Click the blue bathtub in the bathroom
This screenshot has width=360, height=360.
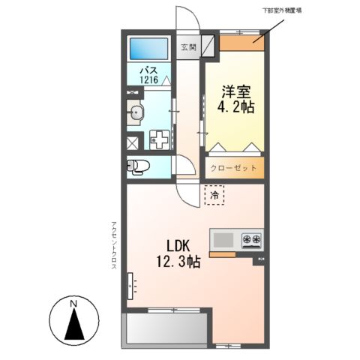[148, 49]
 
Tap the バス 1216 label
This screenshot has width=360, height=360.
[149, 74]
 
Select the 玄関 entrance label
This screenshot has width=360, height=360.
[188, 47]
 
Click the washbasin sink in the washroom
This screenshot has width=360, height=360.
[136, 112]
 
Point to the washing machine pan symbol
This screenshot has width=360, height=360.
[160, 139]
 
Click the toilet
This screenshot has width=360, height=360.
[138, 166]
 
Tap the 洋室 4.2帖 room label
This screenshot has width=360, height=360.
[235, 100]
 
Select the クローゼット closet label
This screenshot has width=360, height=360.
[233, 168]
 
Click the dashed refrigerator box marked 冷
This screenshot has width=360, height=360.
[214, 195]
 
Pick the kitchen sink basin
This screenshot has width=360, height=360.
[223, 240]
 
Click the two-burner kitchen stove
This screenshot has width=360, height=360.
[251, 240]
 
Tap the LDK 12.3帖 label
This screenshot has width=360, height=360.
[178, 254]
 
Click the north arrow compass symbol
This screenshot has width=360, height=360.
[74, 320]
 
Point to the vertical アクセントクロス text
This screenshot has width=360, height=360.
[114, 245]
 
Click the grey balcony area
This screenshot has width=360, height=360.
[166, 328]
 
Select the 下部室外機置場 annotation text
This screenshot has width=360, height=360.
[281, 10]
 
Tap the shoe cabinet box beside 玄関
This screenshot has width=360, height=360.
[208, 46]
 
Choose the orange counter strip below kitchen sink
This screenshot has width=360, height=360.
[223, 255]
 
